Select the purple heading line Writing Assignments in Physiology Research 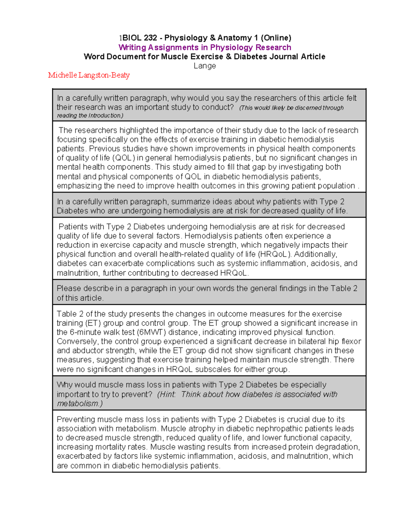coord(205,47)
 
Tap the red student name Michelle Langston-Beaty coord(89,75)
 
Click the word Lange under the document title coord(205,66)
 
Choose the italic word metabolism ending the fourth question coord(79,404)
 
